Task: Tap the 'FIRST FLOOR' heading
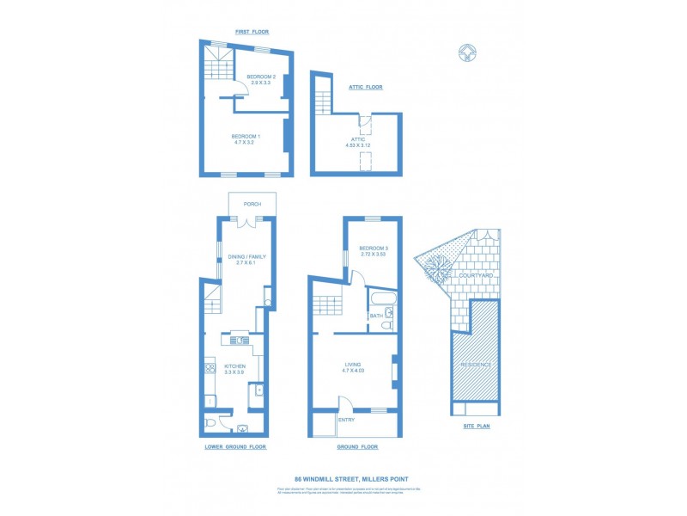(x=252, y=32)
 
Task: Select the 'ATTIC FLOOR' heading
(x=365, y=87)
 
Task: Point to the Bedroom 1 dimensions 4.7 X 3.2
(x=246, y=142)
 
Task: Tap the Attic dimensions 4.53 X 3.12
(x=358, y=145)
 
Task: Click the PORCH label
(x=252, y=204)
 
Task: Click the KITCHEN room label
(x=234, y=365)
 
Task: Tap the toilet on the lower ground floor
(x=211, y=423)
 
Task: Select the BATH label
(x=376, y=316)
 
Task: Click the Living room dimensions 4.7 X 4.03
(x=353, y=371)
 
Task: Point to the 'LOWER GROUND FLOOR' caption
(x=235, y=447)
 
